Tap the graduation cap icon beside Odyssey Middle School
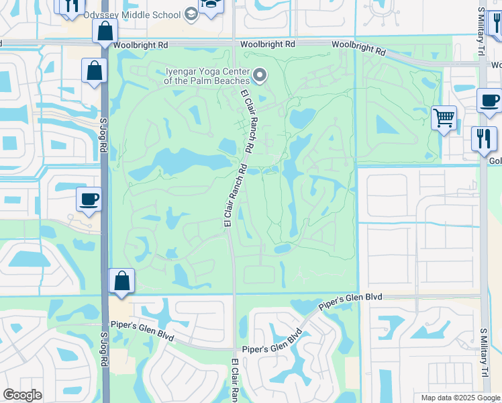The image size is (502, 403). pos(191,15)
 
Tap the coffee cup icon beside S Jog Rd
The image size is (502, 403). pos(89,199)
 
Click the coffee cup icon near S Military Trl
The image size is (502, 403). pos(489,101)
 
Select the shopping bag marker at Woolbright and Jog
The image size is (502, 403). pos(105,30)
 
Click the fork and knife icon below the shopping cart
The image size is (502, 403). pos(483,138)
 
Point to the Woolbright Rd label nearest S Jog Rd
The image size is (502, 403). pos(140,45)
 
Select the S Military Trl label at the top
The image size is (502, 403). pos(481,24)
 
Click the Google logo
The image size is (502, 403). pos(23,394)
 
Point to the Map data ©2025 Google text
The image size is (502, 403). pos(460,398)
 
